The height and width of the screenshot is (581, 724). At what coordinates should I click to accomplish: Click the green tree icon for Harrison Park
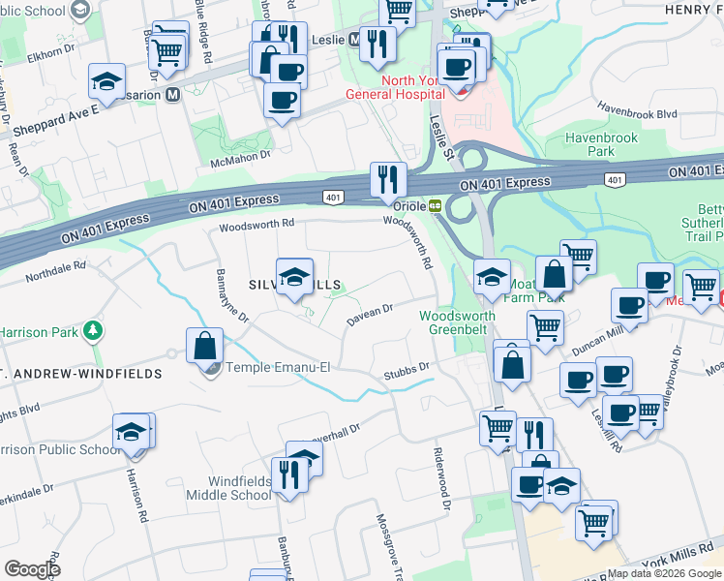(93, 331)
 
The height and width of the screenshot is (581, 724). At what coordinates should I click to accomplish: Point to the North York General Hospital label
(397, 86)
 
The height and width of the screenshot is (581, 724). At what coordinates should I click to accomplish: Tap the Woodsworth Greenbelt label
(457, 322)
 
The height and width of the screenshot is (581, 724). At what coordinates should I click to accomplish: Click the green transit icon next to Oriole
(436, 205)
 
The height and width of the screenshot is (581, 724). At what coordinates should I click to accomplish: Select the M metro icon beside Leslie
(354, 40)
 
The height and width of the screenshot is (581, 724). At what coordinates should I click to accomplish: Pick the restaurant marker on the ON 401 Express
(388, 180)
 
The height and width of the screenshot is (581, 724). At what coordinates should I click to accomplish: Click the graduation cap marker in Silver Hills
(295, 277)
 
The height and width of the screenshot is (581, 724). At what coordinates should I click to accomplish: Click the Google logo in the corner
(32, 569)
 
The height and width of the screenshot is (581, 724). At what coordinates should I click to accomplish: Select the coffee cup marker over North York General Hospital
(456, 67)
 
